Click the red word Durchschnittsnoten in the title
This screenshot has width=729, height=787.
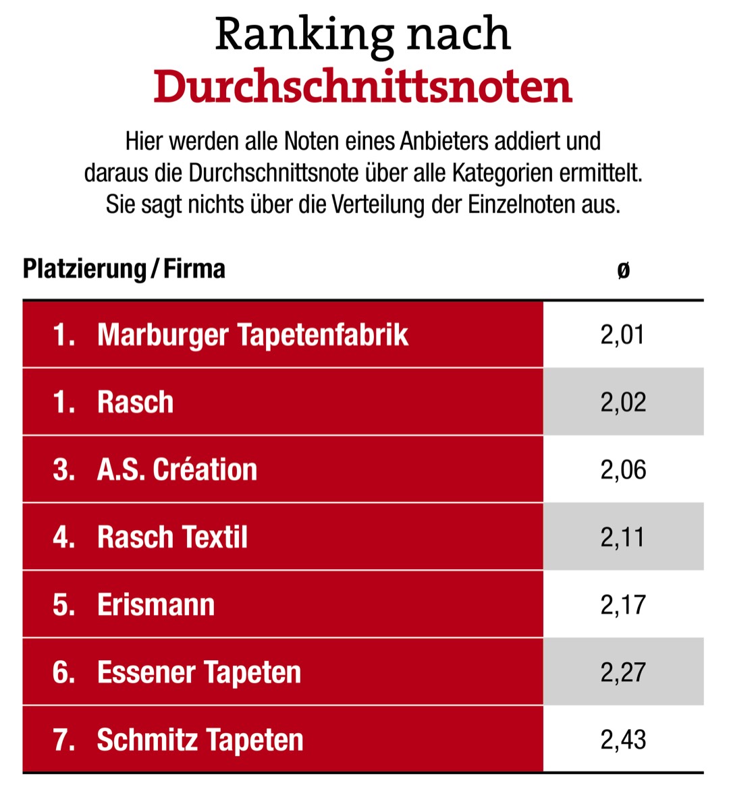(362, 86)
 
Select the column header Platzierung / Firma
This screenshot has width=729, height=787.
(124, 268)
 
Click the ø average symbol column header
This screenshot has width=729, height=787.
(623, 270)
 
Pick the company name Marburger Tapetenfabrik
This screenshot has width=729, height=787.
(252, 334)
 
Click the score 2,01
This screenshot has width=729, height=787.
(623, 334)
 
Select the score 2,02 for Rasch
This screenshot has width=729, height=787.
(623, 402)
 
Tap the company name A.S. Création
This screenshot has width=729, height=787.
(177, 469)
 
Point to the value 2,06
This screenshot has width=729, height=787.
(623, 469)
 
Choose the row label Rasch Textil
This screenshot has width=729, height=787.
(172, 537)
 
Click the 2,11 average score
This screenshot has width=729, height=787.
(623, 537)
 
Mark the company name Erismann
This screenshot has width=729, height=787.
(156, 604)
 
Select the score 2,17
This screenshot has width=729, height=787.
(623, 604)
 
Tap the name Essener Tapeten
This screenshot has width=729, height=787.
(199, 672)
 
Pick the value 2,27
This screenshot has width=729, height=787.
(623, 672)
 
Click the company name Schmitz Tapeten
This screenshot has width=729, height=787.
(200, 739)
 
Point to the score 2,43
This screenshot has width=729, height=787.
(623, 739)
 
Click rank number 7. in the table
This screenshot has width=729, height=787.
(63, 739)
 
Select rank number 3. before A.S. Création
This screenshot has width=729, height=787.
(63, 469)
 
